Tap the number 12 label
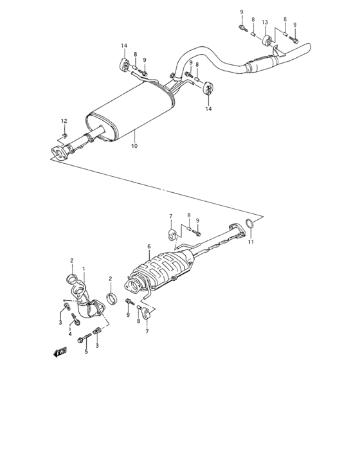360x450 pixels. point(64,122)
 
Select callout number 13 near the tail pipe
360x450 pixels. point(265,22)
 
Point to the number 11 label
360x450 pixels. point(252,242)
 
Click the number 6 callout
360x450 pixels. point(148,246)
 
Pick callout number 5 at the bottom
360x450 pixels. point(85,352)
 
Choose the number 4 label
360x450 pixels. point(70,334)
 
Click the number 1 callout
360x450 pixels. point(83,268)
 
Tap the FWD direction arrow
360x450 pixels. point(61,352)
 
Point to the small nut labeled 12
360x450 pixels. point(66,135)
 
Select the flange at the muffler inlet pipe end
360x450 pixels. point(57,152)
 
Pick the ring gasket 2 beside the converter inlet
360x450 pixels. point(111,299)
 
